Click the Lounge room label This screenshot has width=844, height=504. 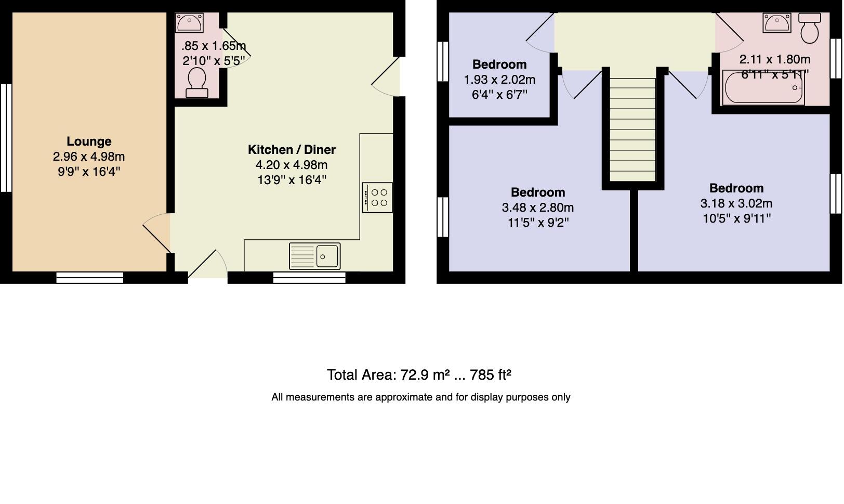pos(89,141)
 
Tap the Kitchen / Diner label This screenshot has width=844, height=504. pos(292,150)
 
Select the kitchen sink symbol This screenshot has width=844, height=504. pos(315,256)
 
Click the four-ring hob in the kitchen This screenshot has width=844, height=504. pos(377,198)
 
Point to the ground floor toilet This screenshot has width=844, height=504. pos(197,83)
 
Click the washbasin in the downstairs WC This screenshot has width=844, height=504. pos(189,23)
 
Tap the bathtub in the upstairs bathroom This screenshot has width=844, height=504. pos(763,88)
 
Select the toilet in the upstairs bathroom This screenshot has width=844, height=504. pos(809,28)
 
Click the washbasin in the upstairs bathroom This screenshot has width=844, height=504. pos(777,22)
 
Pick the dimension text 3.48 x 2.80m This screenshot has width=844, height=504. pos(538,208)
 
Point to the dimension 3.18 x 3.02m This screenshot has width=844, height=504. pos(736,203)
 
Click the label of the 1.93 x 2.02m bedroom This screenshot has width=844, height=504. pos(499,64)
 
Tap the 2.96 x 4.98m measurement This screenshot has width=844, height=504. pos(89,157)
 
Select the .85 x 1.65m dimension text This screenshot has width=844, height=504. pos(214,46)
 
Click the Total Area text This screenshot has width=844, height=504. pos(419,375)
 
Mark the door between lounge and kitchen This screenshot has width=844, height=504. pos(156,234)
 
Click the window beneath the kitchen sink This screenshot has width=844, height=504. pos(309,278)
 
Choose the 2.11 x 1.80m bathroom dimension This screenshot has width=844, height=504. pos(774,59)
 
